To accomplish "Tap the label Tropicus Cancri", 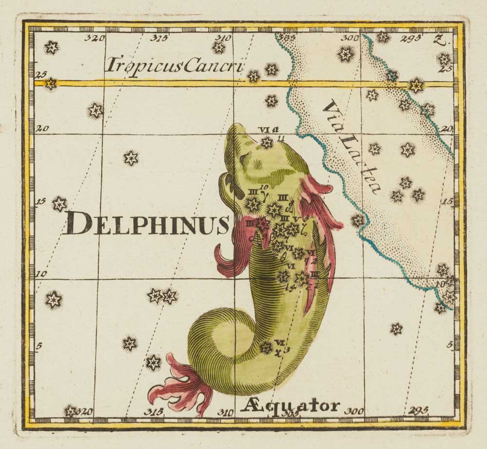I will click(x=174, y=64).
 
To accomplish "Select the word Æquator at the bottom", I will click(x=289, y=406).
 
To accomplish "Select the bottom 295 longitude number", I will click(x=419, y=411).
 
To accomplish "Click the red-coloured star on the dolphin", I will click(x=262, y=224).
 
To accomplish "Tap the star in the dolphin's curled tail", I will click(x=266, y=347).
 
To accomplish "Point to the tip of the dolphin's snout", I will click(x=237, y=127).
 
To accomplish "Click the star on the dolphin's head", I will click(x=267, y=142).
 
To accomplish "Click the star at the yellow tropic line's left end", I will click(x=50, y=84).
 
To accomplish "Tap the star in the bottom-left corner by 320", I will click(x=71, y=411).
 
